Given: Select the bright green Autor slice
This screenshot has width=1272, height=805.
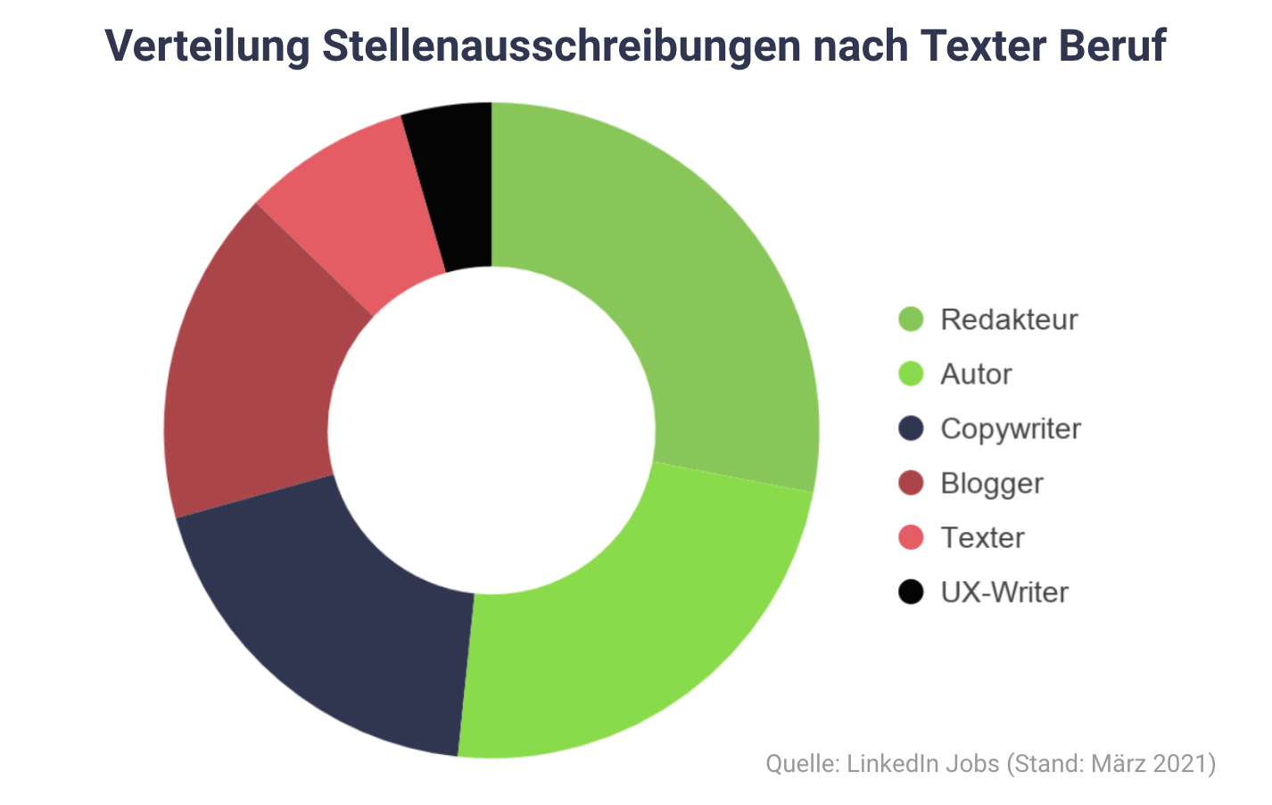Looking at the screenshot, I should coord(624,643).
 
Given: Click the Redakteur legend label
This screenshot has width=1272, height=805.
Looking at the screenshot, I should coord(1009,320).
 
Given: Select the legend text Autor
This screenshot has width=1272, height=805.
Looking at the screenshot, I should coord(976,374).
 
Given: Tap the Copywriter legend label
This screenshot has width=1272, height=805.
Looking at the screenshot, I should coord(1011,429).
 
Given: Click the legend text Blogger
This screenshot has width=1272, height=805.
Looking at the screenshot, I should coord(992,484).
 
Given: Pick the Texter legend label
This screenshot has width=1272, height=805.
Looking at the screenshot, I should coord(982,538).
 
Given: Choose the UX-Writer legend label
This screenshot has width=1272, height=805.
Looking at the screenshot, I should coord(1004,593).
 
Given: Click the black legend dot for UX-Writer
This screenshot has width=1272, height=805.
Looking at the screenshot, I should coord(911,592).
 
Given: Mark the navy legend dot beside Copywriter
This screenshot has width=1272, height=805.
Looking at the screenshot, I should coord(911,428).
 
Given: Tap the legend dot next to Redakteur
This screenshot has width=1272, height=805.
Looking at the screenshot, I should coord(911,319).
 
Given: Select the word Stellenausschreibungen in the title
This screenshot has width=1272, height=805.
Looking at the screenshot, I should coord(561,46).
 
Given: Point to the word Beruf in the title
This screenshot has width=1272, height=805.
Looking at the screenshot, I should coord(1112,46).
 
